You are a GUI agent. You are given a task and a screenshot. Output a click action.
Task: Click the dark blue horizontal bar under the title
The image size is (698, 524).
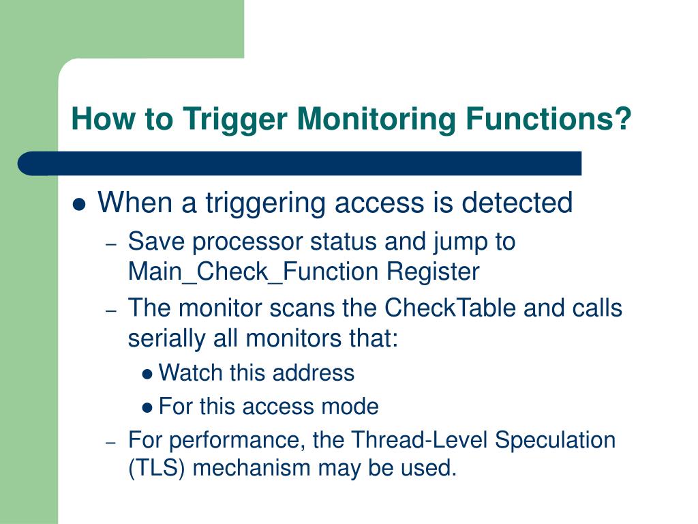300,164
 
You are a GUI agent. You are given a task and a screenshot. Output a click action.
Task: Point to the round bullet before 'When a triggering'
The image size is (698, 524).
80,205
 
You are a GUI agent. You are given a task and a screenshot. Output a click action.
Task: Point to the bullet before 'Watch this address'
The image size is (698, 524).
148,374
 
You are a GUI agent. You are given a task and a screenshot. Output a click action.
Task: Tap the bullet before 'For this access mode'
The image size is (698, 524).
148,408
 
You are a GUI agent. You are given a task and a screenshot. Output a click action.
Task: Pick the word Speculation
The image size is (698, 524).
556,439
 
